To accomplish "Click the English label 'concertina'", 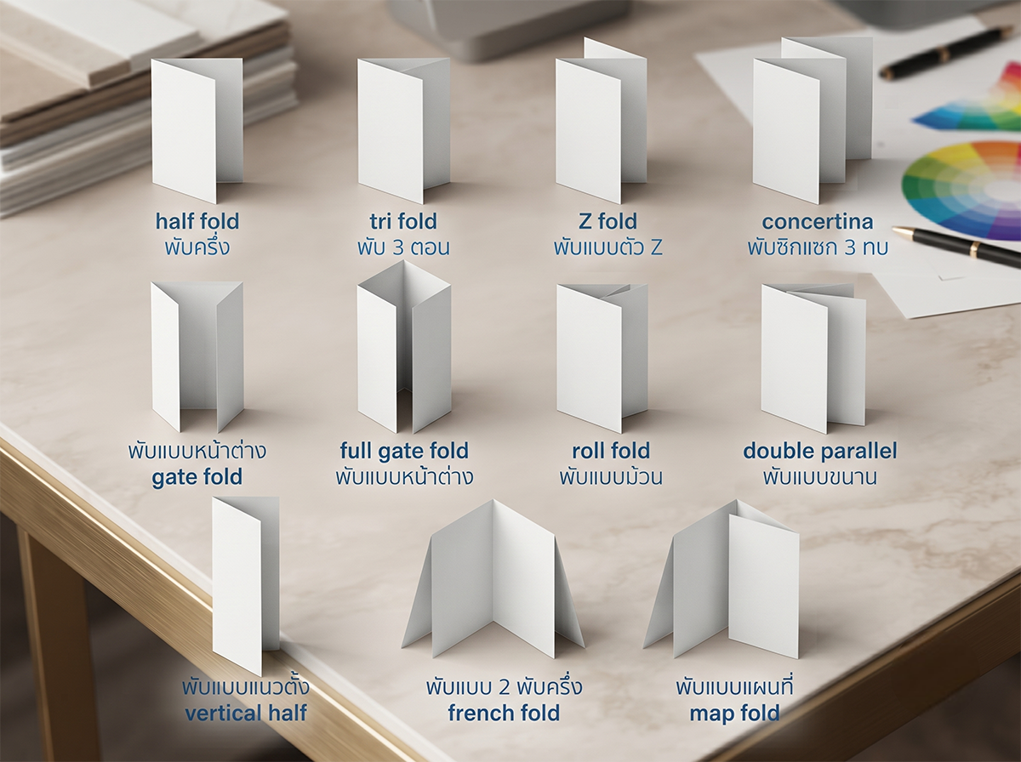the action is (818, 222).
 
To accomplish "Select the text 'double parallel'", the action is (819, 452).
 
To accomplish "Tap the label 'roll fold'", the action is (610, 451).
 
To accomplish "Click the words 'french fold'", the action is (504, 713).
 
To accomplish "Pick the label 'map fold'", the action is (734, 714).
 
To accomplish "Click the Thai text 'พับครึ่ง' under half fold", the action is (197, 246).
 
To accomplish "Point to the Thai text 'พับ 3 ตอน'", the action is (403, 247).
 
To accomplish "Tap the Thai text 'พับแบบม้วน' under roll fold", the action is (611, 476).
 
